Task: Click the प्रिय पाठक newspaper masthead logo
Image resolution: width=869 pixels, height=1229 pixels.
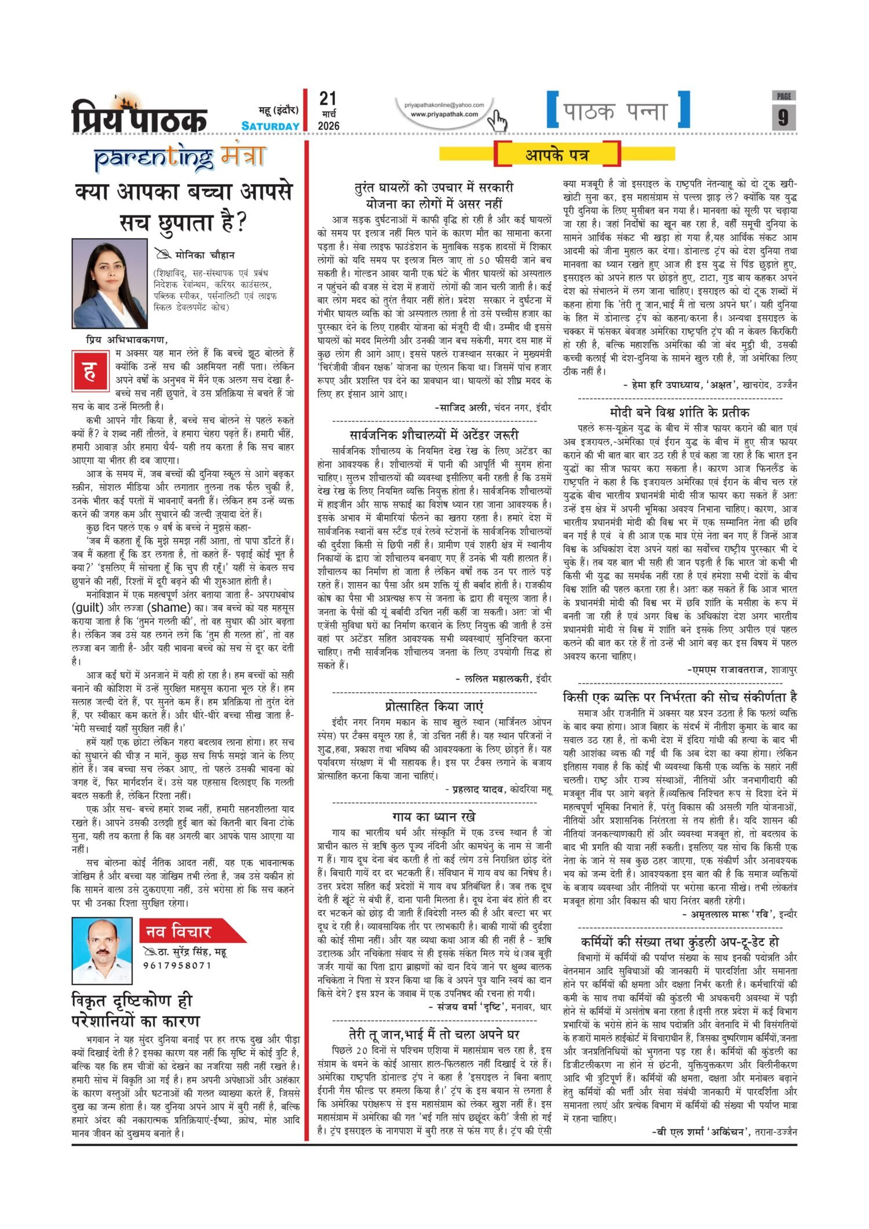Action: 139,115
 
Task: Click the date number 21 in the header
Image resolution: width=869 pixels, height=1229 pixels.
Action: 328,98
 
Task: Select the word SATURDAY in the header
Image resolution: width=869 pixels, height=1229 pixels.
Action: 271,126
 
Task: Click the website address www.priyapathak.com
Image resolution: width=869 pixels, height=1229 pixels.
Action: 444,114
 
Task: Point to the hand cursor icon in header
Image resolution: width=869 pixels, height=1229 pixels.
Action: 497,121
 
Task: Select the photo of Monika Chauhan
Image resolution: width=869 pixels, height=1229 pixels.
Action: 101,283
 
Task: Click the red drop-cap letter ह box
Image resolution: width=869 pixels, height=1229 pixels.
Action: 90,370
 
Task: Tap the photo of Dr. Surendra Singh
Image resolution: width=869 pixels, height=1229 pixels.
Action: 101,950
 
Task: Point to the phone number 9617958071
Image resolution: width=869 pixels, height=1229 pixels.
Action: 177,965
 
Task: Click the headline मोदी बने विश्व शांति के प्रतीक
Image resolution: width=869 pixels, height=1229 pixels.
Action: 680,412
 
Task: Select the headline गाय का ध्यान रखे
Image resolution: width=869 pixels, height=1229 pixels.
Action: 434,817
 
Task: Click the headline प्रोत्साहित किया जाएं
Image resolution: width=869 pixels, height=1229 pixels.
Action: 434,707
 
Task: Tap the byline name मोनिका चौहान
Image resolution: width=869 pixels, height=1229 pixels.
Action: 205,255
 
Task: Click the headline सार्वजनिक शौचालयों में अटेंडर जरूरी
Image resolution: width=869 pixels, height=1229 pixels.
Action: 434,434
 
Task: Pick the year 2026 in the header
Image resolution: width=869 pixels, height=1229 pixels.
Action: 328,126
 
